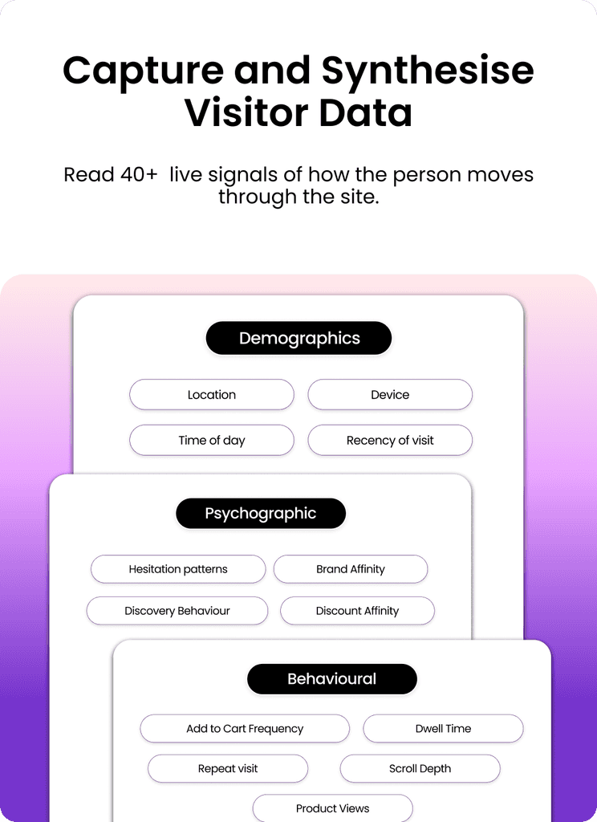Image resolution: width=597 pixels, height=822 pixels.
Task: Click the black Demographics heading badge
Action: (298, 339)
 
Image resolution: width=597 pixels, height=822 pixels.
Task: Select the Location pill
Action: (212, 395)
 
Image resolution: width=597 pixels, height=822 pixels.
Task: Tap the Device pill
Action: (390, 395)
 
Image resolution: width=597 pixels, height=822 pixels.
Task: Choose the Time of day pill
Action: (212, 440)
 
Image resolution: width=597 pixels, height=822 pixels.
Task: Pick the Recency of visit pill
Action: (390, 440)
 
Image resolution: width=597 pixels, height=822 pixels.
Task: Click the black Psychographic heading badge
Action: (261, 514)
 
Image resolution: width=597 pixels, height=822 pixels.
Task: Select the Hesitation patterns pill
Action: (178, 569)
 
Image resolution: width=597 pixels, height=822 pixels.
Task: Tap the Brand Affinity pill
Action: (351, 569)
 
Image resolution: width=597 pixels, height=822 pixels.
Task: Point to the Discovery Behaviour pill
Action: (177, 611)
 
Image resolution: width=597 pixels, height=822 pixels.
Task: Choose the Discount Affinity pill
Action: (357, 611)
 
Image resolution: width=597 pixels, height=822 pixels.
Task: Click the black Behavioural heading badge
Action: (331, 679)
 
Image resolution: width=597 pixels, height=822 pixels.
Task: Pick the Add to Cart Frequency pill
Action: (245, 729)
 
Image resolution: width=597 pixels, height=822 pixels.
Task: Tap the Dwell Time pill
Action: (443, 729)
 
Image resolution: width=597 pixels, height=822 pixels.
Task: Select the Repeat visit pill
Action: (228, 768)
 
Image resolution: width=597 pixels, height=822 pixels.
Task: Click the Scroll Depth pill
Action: (420, 768)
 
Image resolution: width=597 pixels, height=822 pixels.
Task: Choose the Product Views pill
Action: (332, 808)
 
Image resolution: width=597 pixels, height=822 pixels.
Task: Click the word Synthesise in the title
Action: (428, 71)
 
